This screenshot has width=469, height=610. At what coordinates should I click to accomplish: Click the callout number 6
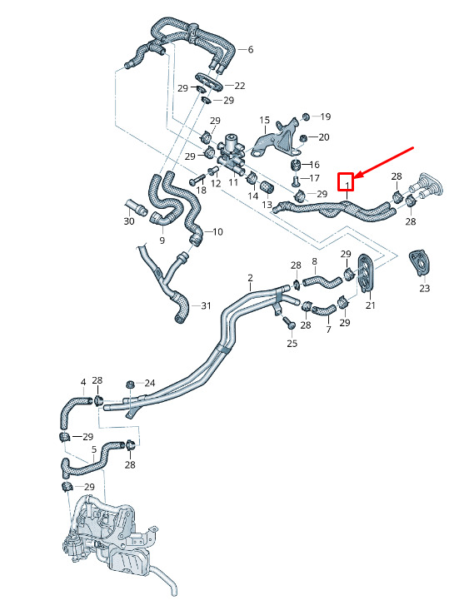coord(251,49)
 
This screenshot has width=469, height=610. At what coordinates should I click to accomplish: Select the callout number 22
coord(240,86)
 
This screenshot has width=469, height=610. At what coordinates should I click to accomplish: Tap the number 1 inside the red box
coord(347,182)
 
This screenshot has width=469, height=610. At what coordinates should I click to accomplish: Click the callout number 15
coord(265,120)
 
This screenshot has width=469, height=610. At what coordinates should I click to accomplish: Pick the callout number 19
coord(326,117)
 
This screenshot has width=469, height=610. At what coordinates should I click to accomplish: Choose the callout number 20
coord(324,137)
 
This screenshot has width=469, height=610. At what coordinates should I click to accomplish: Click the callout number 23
coord(425,288)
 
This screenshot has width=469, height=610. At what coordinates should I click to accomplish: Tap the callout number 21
coord(371,305)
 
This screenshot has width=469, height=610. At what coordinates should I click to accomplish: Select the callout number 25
coord(292,343)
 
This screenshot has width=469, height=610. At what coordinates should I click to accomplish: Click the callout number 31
coord(206,305)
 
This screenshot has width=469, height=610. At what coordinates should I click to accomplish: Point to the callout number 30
coord(129,221)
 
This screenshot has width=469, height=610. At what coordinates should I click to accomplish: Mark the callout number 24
coord(150,383)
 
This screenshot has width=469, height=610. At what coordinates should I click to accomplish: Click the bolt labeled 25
coord(288,323)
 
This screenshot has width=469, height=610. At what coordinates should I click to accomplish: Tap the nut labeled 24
coord(128,384)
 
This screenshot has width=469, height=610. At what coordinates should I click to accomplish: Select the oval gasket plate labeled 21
coord(367,272)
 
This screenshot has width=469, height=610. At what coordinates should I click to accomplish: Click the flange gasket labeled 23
coord(420,263)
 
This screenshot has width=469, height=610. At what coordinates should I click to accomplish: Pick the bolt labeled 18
coord(197,180)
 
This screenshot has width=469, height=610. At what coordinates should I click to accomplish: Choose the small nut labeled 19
coord(307,117)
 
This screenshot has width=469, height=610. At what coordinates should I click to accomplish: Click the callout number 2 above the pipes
coord(250,278)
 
